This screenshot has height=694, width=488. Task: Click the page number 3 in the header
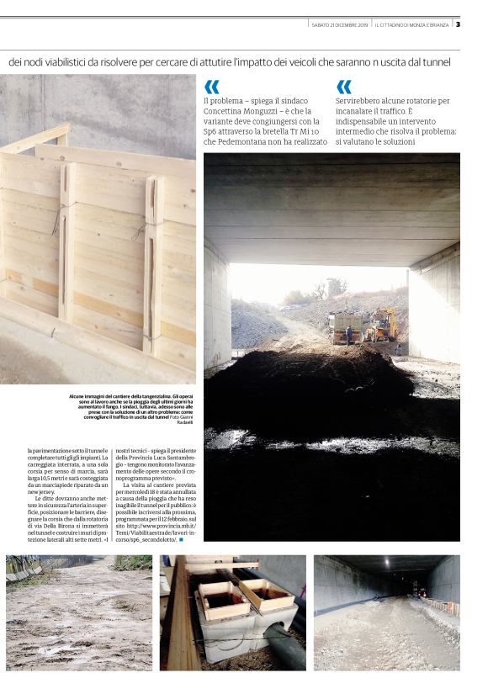(x=458, y=24)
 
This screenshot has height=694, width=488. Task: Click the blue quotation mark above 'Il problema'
(x=211, y=87)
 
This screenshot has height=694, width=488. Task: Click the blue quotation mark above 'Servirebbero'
(x=343, y=87)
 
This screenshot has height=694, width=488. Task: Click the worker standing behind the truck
(x=350, y=335)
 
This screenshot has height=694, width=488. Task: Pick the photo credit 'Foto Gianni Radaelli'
(x=178, y=419)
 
